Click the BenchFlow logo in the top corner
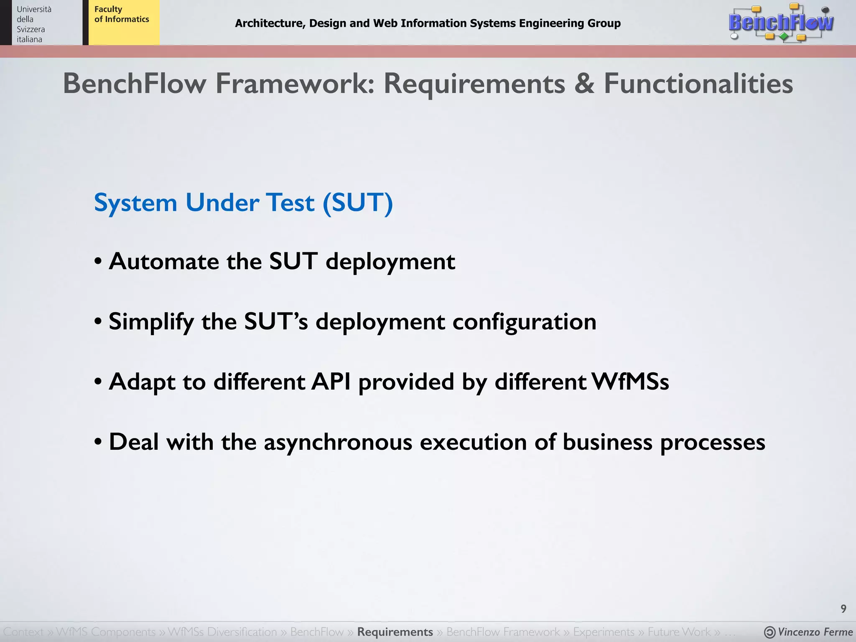pyautogui.click(x=781, y=23)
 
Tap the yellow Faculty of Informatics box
pyautogui.click(x=124, y=23)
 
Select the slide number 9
pyautogui.click(x=843, y=609)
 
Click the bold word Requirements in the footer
pyautogui.click(x=395, y=632)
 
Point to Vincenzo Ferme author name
pyautogui.click(x=815, y=632)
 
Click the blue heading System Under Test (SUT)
pyautogui.click(x=243, y=203)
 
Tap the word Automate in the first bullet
pyautogui.click(x=164, y=262)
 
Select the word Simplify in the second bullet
pyautogui.click(x=151, y=322)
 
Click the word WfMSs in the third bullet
pyautogui.click(x=630, y=382)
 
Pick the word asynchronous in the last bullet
pyautogui.click(x=338, y=442)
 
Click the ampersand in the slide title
pyautogui.click(x=584, y=84)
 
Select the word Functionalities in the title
pyautogui.click(x=698, y=84)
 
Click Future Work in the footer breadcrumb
pyautogui.click(x=679, y=632)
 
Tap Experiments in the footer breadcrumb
pyautogui.click(x=604, y=632)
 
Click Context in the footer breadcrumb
pyautogui.click(x=23, y=632)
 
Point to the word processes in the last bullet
pyautogui.click(x=712, y=442)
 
